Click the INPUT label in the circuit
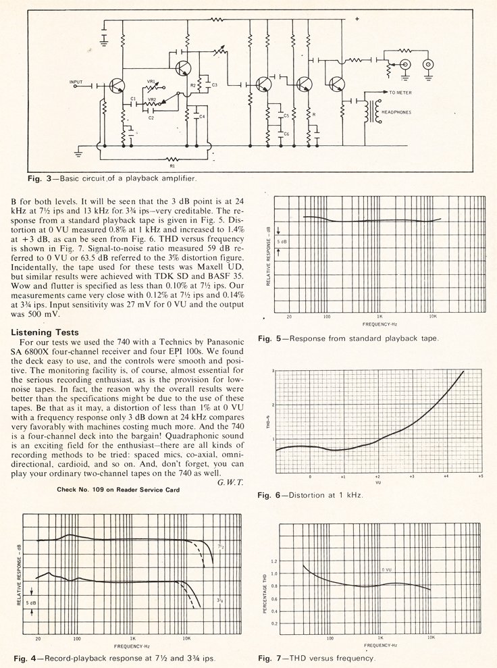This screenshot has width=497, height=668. point(76,82)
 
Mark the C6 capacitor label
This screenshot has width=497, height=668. point(286,134)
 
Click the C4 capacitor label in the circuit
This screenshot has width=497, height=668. point(201,117)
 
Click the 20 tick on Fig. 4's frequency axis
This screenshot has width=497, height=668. point(38,638)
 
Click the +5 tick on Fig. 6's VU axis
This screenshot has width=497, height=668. point(480,477)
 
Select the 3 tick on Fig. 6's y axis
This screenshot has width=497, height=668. point(271,372)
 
